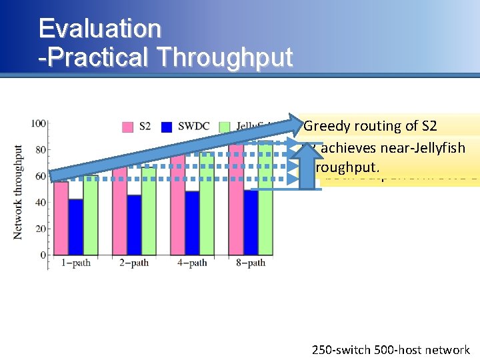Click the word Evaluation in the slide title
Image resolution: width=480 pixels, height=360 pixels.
coord(100,29)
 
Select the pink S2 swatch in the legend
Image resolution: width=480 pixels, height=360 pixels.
coord(128,126)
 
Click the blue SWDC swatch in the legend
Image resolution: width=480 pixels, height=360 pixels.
coord(167,126)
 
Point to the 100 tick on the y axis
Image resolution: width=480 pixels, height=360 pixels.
coord(39,123)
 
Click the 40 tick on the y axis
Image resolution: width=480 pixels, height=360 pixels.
coord(41,202)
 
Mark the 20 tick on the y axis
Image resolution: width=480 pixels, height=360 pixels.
coord(41,229)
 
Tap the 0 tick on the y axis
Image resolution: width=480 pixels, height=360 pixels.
coord(43,255)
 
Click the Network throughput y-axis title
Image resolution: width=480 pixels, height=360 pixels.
coord(18,192)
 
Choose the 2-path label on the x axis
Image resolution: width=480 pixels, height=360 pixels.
coord(133,263)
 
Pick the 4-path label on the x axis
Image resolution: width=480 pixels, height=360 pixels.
coord(192,263)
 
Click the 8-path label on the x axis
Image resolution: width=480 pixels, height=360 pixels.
coord(250,263)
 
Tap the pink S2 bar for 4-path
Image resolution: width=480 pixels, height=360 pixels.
coord(178,213)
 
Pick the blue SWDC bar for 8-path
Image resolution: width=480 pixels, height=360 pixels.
coord(251,223)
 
